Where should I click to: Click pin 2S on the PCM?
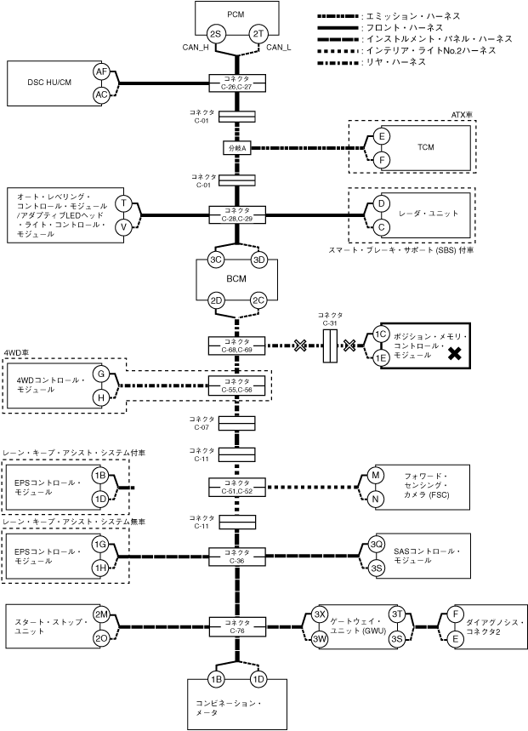click(215, 34)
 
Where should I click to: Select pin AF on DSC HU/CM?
click(101, 73)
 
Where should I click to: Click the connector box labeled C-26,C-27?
click(237, 83)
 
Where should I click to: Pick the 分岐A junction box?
click(237, 147)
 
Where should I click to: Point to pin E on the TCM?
click(382, 136)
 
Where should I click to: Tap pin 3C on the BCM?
click(215, 260)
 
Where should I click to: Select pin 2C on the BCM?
click(258, 300)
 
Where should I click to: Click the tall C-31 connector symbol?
click(331, 346)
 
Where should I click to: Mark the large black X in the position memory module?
click(455, 354)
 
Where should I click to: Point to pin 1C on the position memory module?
click(382, 334)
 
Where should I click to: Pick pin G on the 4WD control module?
click(101, 374)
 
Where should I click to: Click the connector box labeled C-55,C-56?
click(237, 385)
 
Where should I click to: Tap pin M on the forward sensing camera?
click(377, 476)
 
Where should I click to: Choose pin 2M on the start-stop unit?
click(101, 615)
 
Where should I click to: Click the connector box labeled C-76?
click(237, 626)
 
